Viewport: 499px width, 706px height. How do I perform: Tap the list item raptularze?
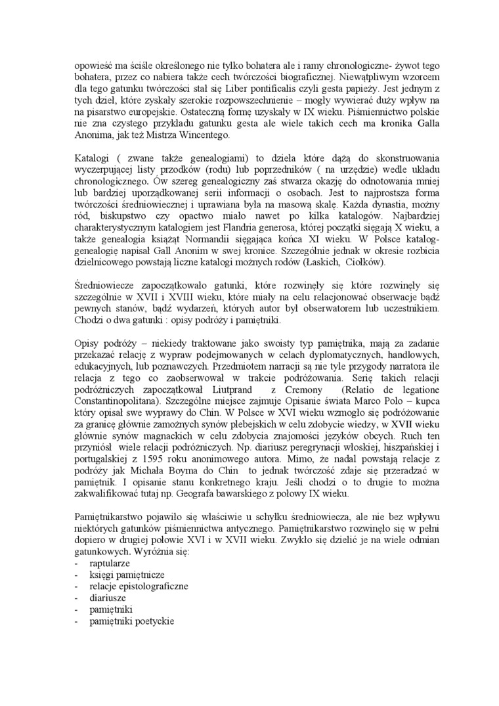pos(110,563)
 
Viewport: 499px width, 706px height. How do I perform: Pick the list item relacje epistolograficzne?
pos(139,586)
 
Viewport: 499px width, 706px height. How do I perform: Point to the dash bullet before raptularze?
pos(77,563)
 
